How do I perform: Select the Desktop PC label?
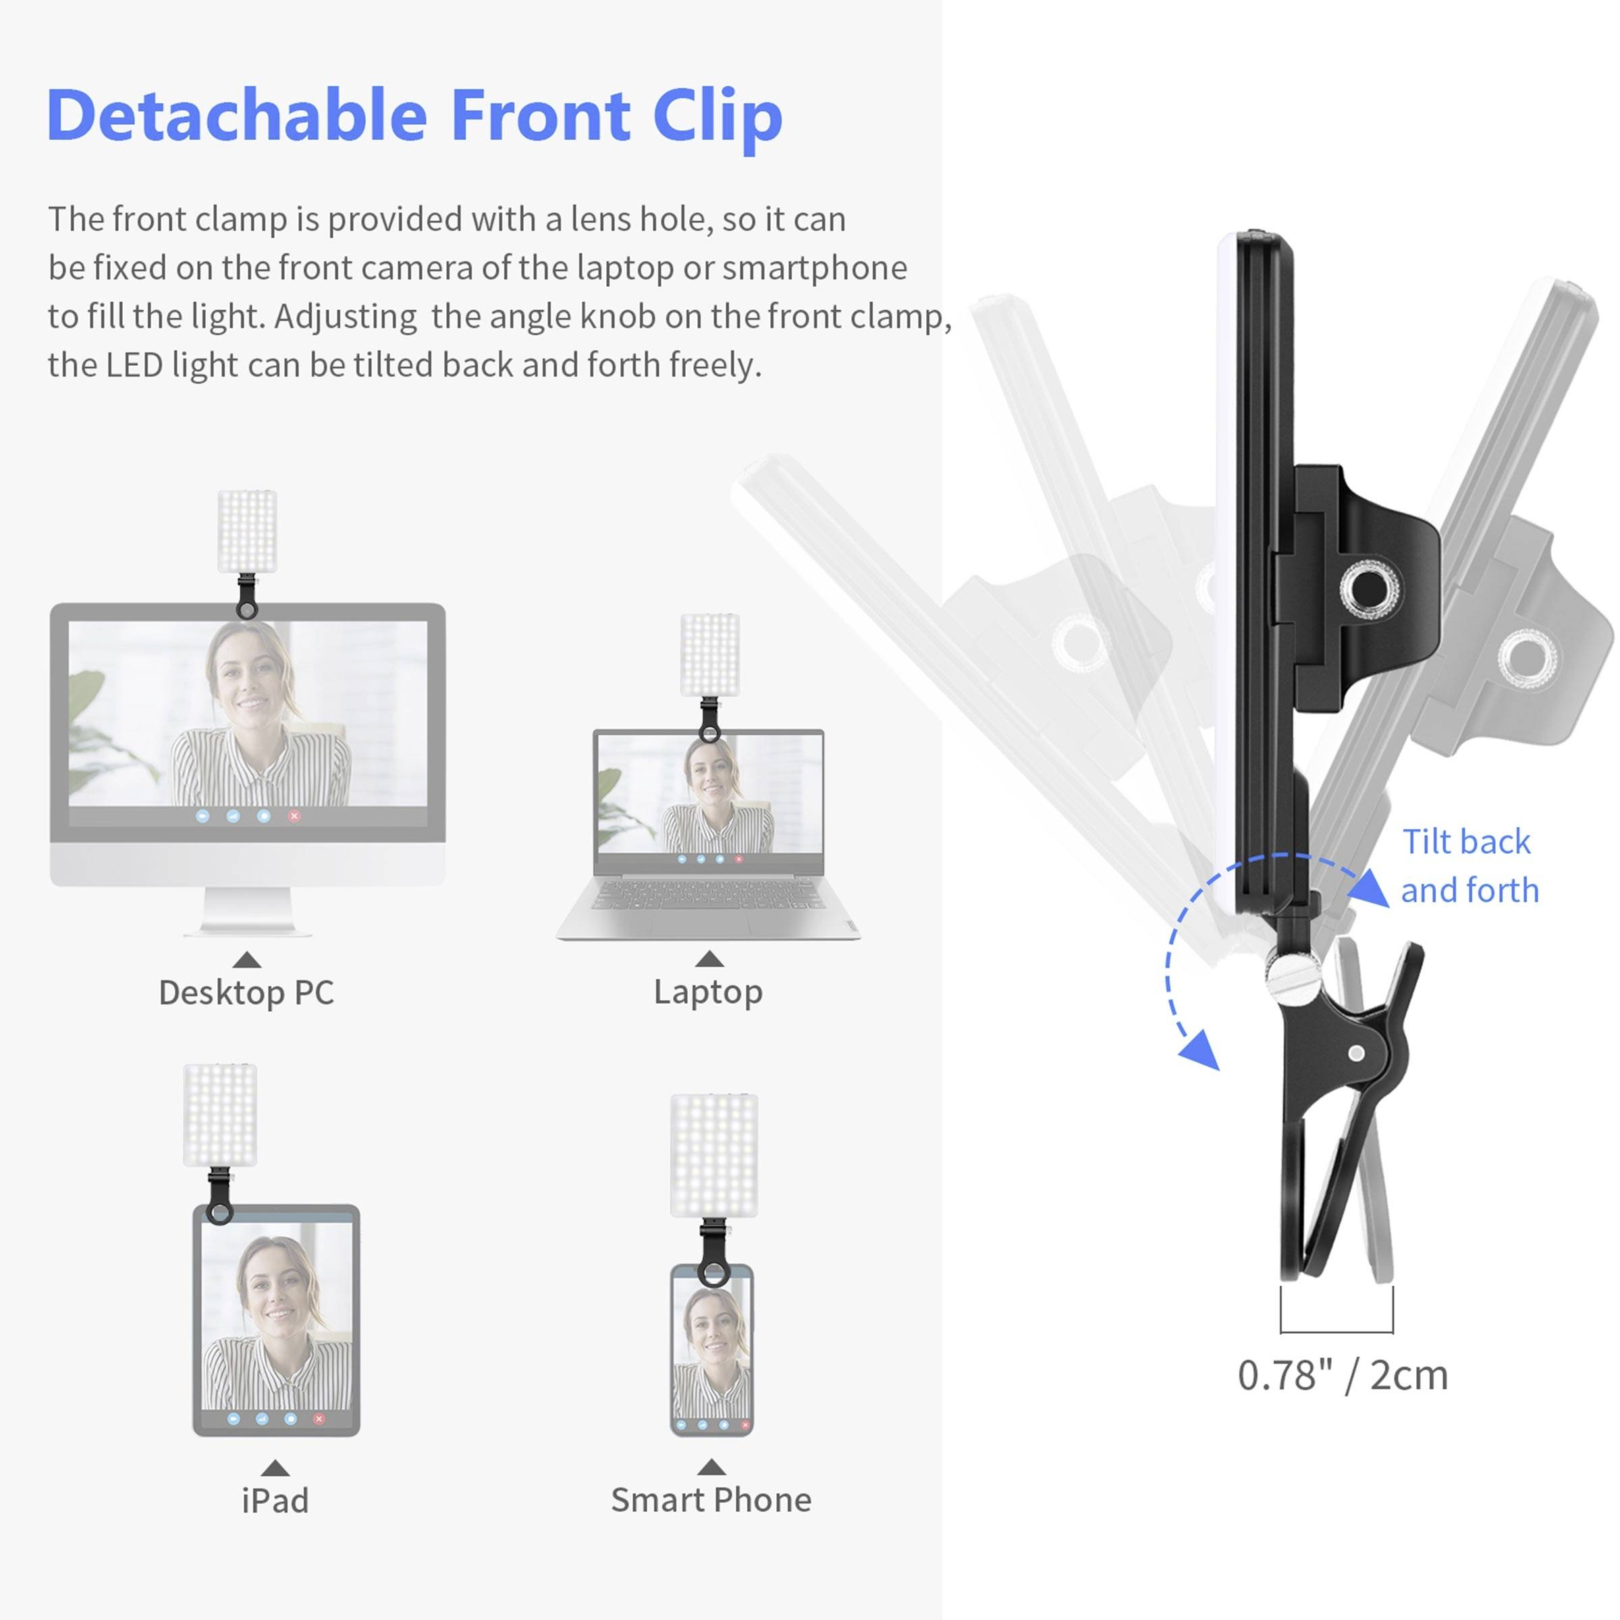pyautogui.click(x=246, y=993)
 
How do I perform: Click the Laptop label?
pyautogui.click(x=709, y=992)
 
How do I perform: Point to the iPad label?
pyautogui.click(x=275, y=1501)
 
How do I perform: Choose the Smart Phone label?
pyautogui.click(x=711, y=1500)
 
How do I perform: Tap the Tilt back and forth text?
pyautogui.click(x=1469, y=866)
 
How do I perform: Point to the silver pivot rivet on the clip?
pyautogui.click(x=1356, y=1053)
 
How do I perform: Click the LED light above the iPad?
pyautogui.click(x=219, y=1115)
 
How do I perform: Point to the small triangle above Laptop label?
pyautogui.click(x=709, y=959)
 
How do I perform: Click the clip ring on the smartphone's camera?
pyautogui.click(x=713, y=1275)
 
